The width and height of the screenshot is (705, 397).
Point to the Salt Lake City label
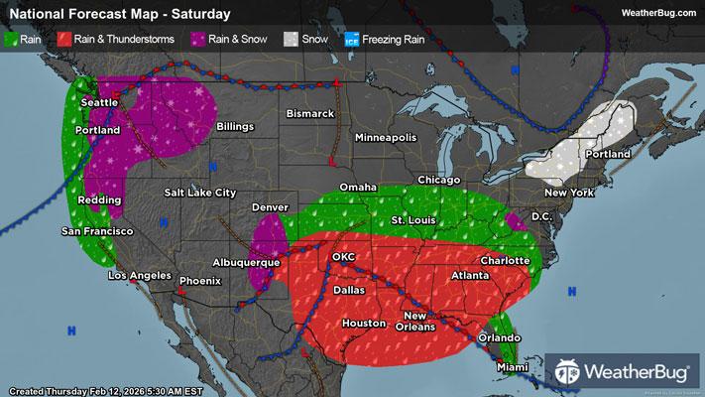(200, 192)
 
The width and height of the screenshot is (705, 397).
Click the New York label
(568, 192)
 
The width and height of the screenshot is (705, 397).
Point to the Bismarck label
(310, 114)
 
